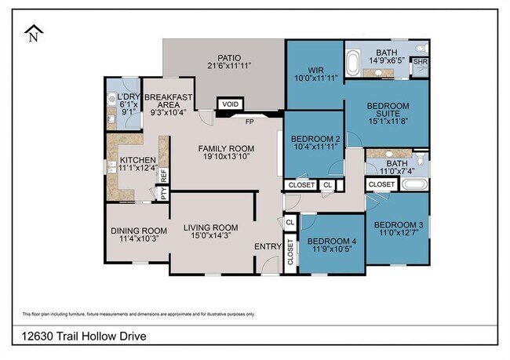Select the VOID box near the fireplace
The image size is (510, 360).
229,104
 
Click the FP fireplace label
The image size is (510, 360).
250,122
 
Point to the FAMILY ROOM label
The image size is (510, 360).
226,149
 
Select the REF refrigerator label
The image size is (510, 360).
164,176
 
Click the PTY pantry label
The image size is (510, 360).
164,192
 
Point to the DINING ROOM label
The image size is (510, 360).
136,230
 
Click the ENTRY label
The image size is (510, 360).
268,247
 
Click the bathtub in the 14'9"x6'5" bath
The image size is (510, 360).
354,60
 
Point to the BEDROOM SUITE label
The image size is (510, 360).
386,111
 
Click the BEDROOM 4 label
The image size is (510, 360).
331,241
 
